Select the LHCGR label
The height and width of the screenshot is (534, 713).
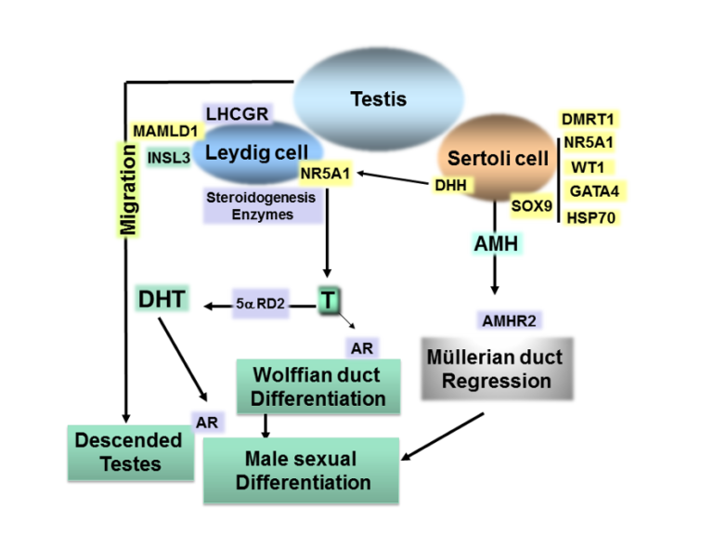(x=237, y=113)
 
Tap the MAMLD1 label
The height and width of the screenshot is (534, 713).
(x=166, y=132)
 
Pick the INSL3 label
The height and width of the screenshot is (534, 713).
(x=169, y=157)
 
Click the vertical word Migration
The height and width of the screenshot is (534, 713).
(x=128, y=189)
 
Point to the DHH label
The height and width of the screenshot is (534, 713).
(x=450, y=185)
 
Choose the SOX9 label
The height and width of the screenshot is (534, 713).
(x=532, y=206)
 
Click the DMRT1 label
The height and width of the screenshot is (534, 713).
(x=588, y=119)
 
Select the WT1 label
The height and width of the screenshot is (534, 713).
(x=588, y=167)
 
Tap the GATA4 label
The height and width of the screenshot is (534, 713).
(x=594, y=191)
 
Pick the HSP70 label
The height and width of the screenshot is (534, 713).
(x=591, y=218)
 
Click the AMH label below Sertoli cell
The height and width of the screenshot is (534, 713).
(x=496, y=243)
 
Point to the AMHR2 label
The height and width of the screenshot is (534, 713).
(x=509, y=320)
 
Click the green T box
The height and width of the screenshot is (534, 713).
(x=329, y=300)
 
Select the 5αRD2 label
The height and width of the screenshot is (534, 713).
(x=261, y=304)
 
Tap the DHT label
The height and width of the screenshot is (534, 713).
(x=162, y=299)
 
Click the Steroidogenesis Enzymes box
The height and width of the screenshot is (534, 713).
(x=263, y=205)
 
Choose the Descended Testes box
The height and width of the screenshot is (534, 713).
(x=131, y=452)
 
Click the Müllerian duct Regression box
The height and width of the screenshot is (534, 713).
(x=497, y=369)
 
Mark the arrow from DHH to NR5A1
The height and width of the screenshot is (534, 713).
(x=393, y=178)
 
